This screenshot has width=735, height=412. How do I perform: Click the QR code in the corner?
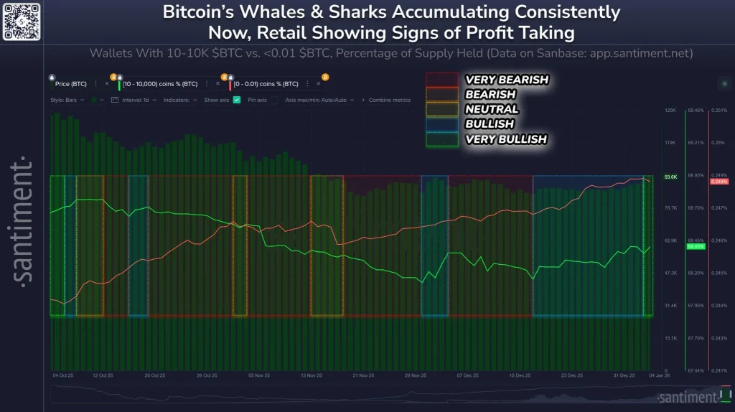coord(22,21)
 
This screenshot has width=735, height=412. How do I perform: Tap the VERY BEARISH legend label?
coord(506,80)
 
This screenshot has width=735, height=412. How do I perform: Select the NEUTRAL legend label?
coord(492,109)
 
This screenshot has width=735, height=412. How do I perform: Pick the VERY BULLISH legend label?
coord(506,139)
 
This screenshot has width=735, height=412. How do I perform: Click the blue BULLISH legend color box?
coord(441,124)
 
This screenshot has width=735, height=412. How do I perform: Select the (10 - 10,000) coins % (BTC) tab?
coord(159,84)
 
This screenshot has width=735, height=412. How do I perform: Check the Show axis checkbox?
coord(237,100)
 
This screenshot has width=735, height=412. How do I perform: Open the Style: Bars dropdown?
coord(67,100)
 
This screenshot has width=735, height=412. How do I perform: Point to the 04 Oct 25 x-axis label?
coord(63,375)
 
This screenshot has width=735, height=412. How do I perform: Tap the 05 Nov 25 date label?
coord(259,375)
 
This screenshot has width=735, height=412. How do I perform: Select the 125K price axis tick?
coord(670,111)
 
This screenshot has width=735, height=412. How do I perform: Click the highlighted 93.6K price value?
coord(670,177)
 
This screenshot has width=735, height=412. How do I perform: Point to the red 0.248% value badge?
coord(718,182)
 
